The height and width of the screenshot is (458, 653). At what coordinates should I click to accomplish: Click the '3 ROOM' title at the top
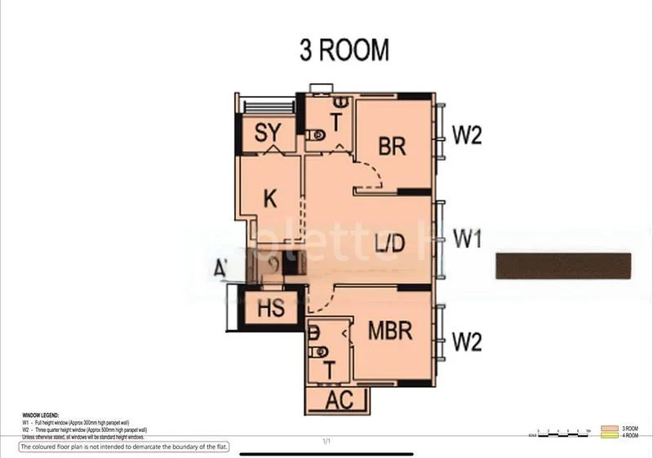(x=344, y=51)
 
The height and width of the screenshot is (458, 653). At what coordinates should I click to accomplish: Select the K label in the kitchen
(x=271, y=198)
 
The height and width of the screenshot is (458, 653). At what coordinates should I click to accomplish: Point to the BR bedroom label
(x=393, y=146)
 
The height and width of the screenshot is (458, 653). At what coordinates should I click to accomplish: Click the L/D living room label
(x=390, y=242)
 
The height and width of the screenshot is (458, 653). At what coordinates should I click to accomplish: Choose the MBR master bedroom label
(x=389, y=332)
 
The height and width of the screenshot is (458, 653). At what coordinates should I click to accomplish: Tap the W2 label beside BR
(x=468, y=135)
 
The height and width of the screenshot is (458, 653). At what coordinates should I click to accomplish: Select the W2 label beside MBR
(x=468, y=343)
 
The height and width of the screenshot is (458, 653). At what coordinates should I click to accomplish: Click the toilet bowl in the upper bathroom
(x=318, y=135)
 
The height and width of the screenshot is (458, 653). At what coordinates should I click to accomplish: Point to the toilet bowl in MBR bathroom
(x=319, y=351)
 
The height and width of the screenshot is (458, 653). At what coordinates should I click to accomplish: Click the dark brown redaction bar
(x=563, y=266)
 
